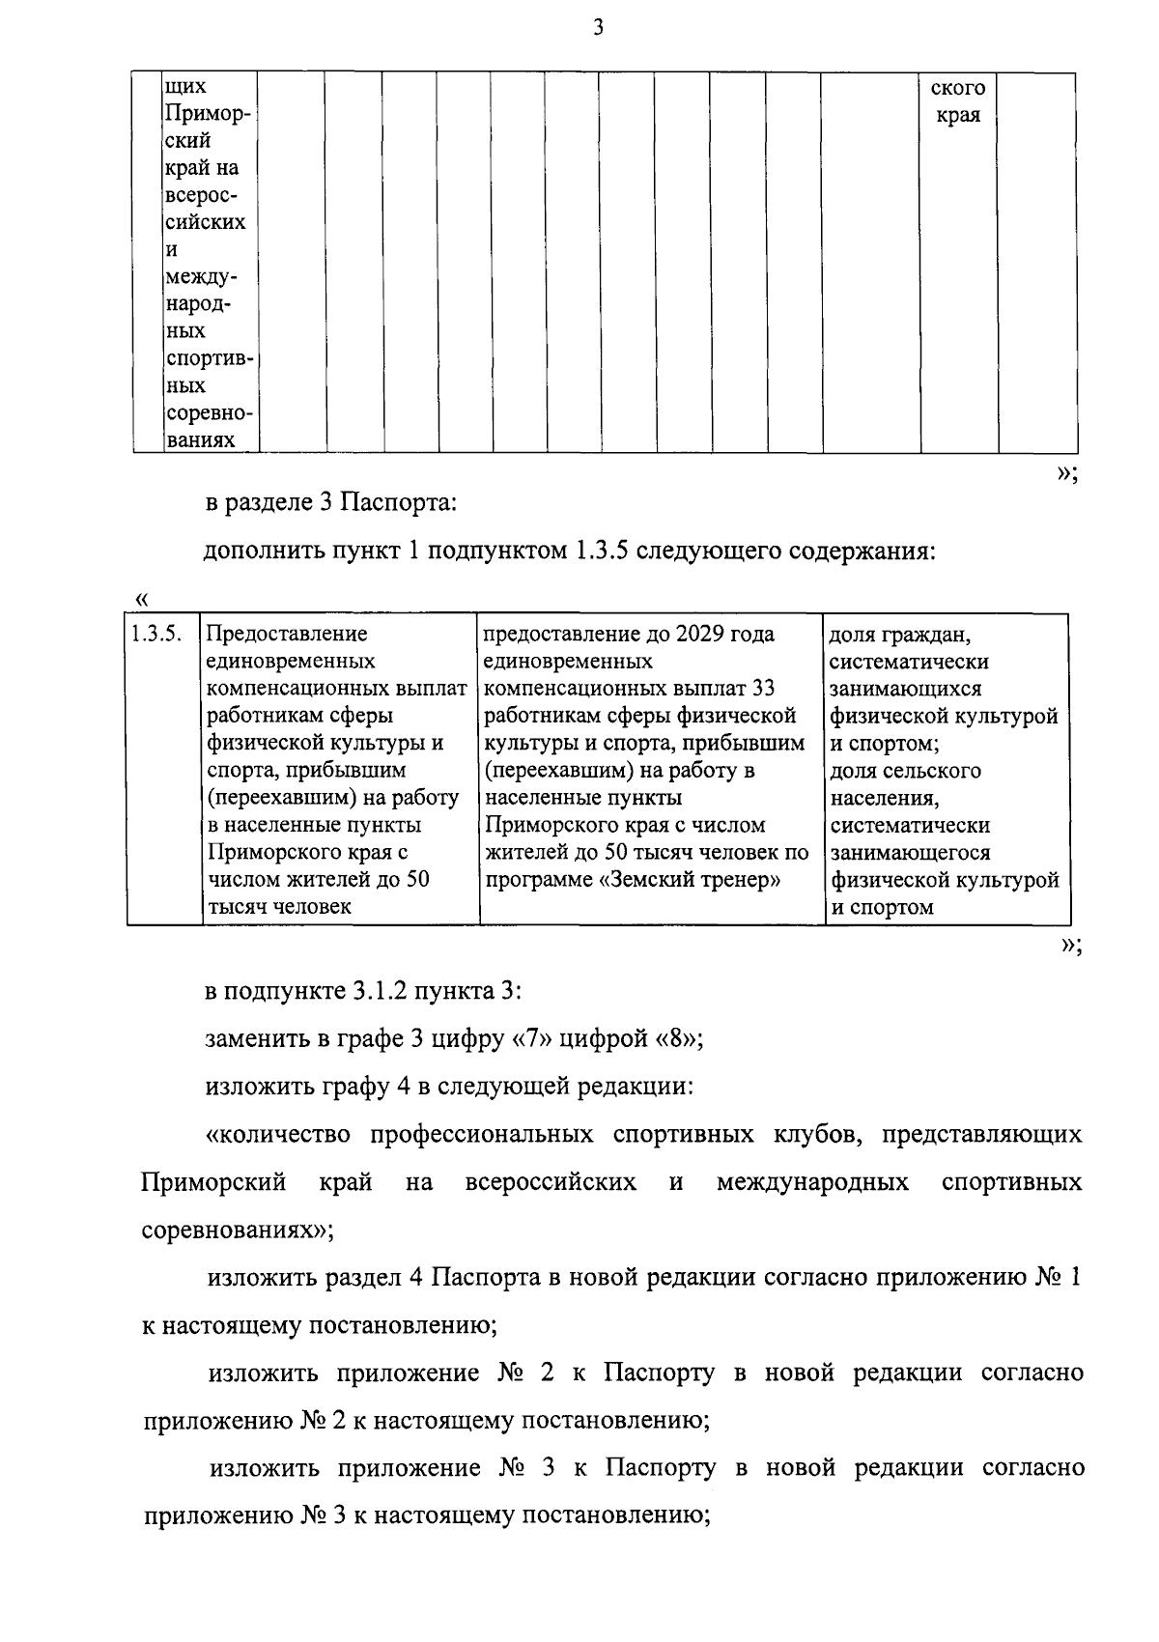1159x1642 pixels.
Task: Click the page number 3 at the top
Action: [x=598, y=29]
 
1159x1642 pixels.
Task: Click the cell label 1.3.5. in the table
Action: [x=155, y=635]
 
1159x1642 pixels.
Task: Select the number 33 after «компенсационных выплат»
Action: [x=763, y=689]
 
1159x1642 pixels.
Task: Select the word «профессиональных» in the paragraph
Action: [x=482, y=1134]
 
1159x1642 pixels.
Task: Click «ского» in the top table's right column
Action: [x=957, y=88]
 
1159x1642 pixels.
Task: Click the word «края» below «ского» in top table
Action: [x=958, y=115]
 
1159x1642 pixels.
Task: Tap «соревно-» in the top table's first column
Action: [x=209, y=413]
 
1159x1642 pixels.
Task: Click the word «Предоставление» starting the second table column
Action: [x=287, y=635]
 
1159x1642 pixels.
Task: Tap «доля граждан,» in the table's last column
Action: [x=899, y=636]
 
